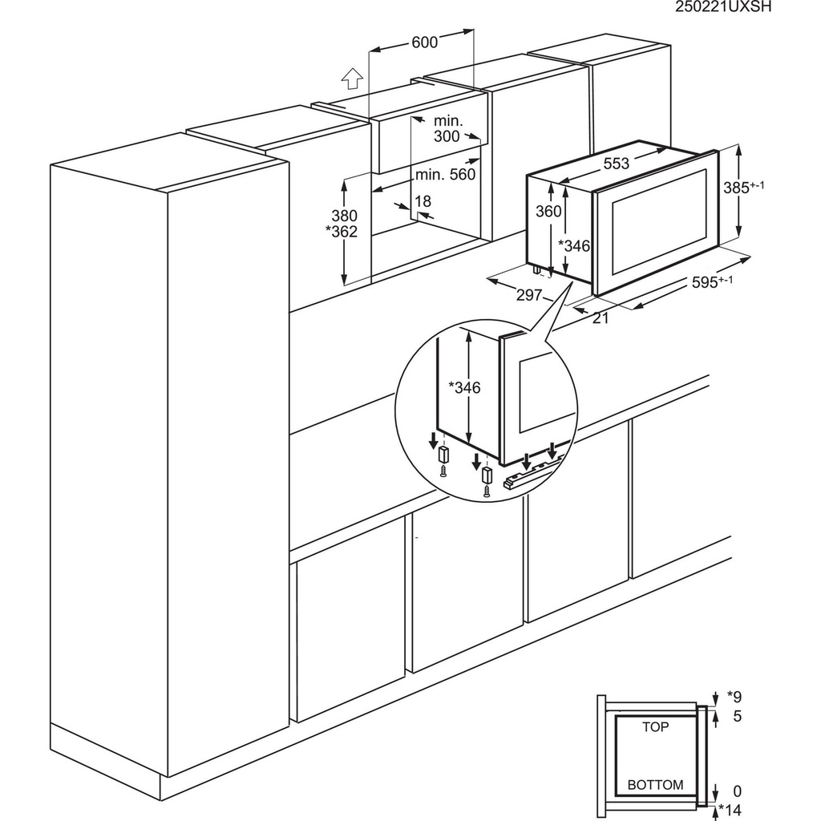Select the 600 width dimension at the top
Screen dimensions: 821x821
click(x=424, y=42)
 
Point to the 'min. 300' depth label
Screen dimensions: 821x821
click(x=447, y=128)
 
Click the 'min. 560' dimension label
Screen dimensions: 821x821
click(x=446, y=174)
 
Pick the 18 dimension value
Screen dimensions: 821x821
click(x=423, y=201)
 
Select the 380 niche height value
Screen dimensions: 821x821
click(x=343, y=216)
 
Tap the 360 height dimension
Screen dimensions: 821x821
click(x=548, y=211)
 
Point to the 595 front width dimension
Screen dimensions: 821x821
click(x=712, y=282)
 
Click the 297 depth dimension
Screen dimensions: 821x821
click(x=529, y=295)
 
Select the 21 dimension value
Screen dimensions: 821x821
click(x=601, y=317)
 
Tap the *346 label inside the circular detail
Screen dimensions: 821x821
click(x=464, y=388)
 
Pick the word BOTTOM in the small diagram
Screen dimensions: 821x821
click(x=655, y=785)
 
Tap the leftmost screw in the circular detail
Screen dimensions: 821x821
click(x=441, y=473)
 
